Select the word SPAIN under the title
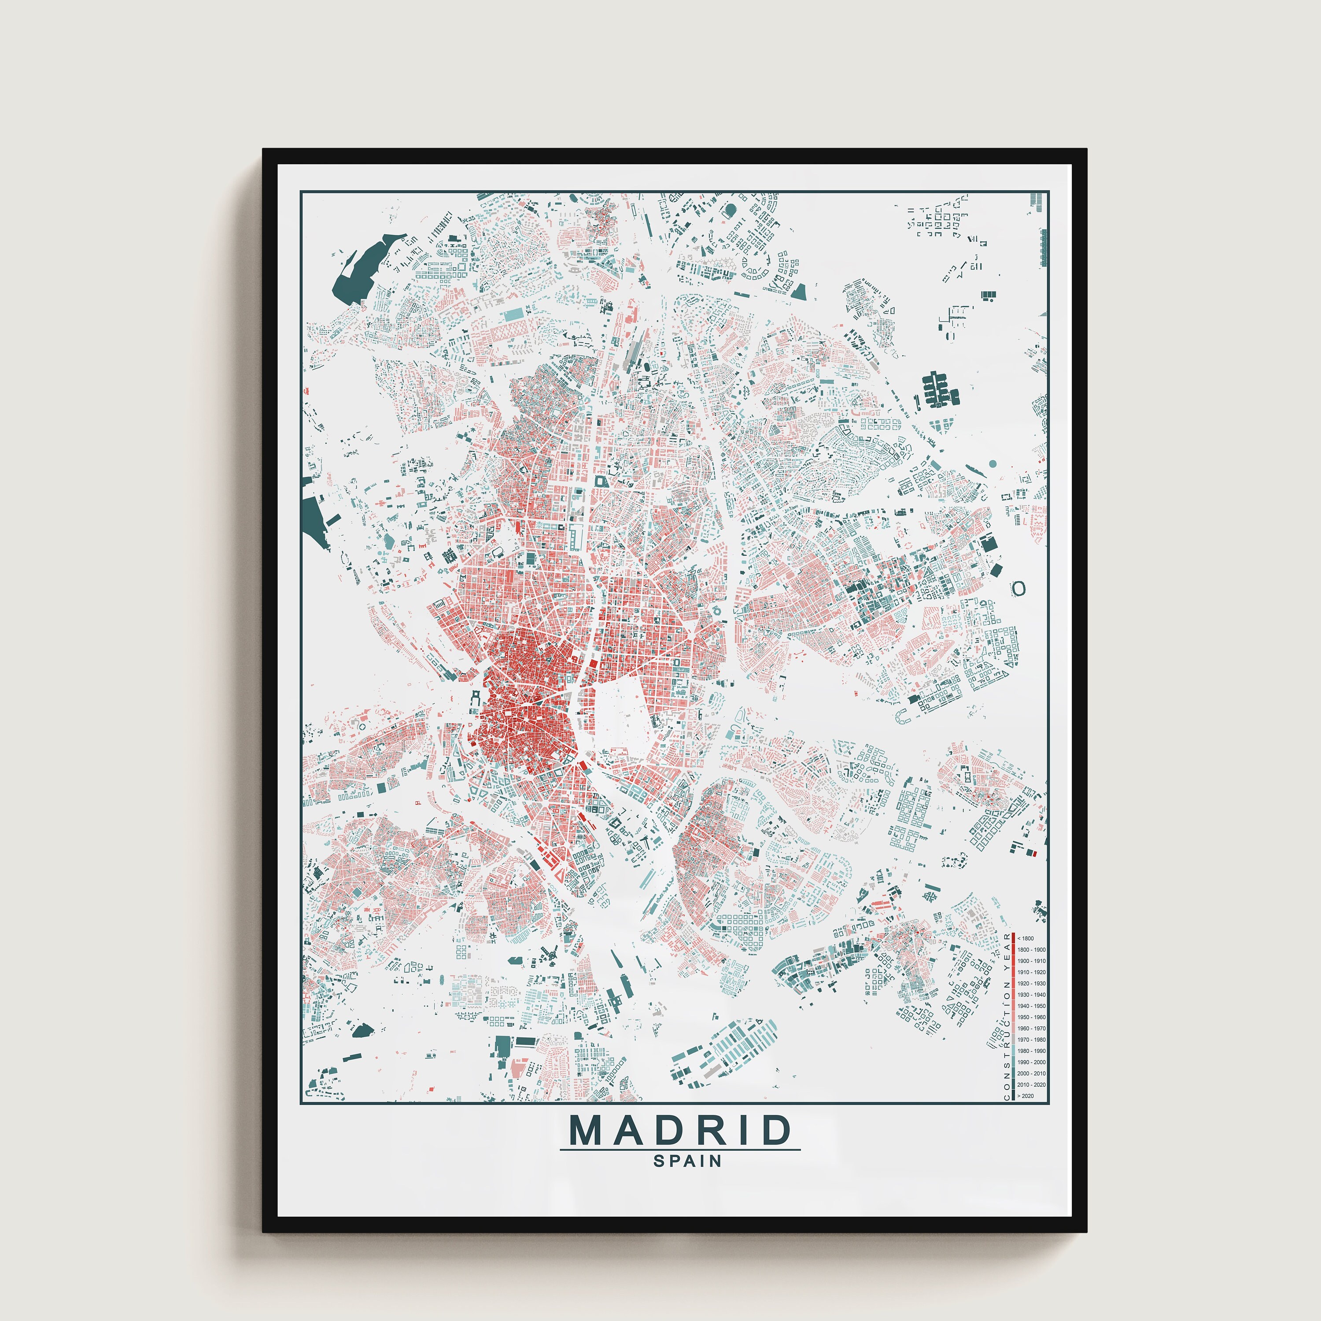point(687,1161)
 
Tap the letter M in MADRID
point(586,1130)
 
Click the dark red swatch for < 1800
point(1013,939)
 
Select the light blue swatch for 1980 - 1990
point(1013,1051)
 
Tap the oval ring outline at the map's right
point(1019,588)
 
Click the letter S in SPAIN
point(658,1161)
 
